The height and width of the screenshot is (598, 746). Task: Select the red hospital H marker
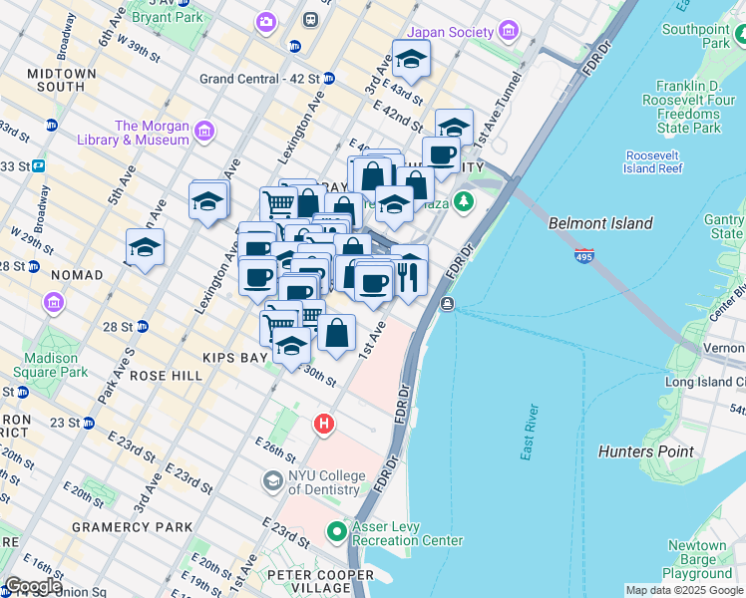tap(323, 424)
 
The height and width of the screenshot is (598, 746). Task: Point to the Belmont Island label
tap(600, 224)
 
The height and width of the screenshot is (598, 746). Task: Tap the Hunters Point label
tap(645, 451)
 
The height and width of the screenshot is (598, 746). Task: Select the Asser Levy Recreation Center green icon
tap(337, 531)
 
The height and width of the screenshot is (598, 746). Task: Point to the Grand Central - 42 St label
tap(259, 78)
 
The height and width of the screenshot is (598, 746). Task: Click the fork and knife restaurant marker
tap(409, 275)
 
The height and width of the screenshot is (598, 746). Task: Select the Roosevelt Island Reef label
tap(653, 161)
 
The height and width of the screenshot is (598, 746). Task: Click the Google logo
tap(33, 586)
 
